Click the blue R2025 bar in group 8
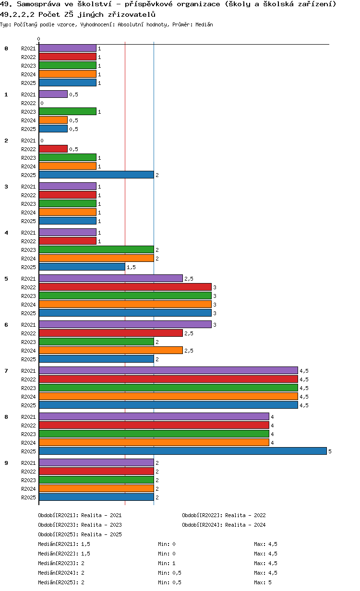tap(182, 451)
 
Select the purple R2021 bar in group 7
tap(168, 371)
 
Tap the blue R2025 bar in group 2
tap(96, 175)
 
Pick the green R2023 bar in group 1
tap(67, 112)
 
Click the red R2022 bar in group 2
tap(53, 149)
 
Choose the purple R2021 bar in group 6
tap(125, 325)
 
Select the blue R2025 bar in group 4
tap(82, 267)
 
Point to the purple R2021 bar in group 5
tap(110, 279)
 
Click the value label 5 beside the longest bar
tap(330, 452)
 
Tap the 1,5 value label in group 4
tap(131, 268)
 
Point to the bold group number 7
tap(6, 371)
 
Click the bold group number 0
tap(6, 48)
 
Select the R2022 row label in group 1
tap(28, 103)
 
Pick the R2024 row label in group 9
tap(28, 489)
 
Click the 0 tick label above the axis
tap(39, 39)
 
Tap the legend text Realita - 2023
tap(101, 525)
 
